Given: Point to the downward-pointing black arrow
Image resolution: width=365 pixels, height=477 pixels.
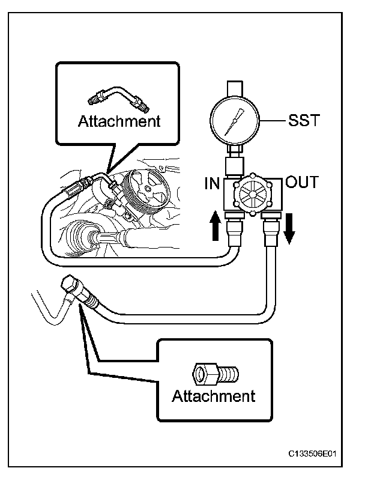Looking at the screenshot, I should pyautogui.click(x=289, y=229).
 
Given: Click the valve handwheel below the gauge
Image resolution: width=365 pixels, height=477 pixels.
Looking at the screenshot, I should pyautogui.click(x=250, y=195).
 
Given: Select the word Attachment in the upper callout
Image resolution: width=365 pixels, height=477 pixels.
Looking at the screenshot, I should pyautogui.click(x=119, y=121).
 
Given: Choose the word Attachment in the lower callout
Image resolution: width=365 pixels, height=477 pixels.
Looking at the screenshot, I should pyautogui.click(x=213, y=396).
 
